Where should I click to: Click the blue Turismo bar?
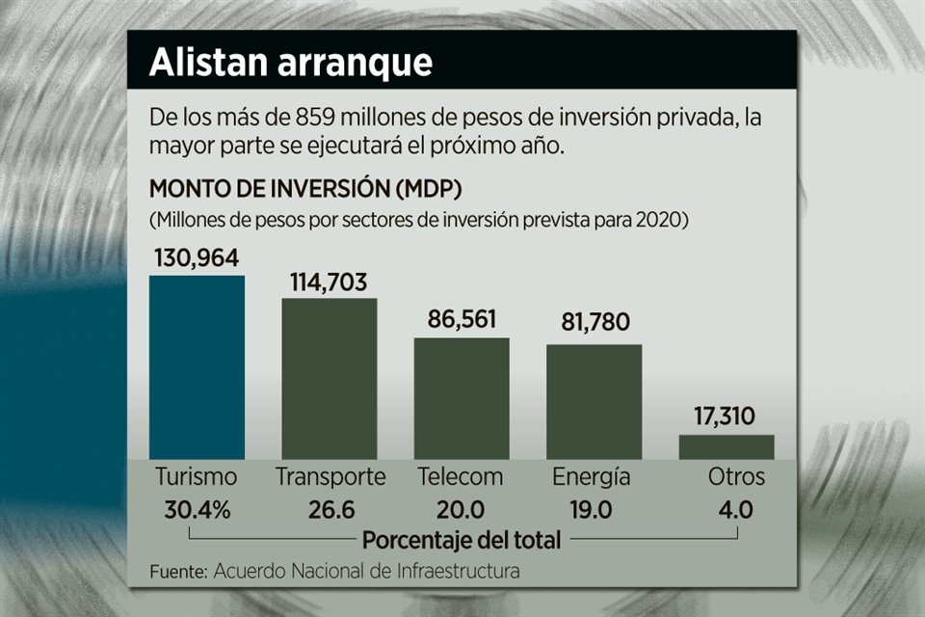coord(197,367)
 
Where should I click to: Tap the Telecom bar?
coord(462,398)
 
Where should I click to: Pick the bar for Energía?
coord(594,401)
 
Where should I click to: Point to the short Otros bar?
coord(726,446)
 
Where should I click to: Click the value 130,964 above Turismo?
coord(197,258)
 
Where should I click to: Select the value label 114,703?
coord(329,282)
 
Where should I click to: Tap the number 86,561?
coord(462,321)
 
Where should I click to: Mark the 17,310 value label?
coord(726,418)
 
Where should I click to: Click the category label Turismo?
coord(196,477)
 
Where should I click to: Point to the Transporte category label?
coord(330,477)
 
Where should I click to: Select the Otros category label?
coord(736,477)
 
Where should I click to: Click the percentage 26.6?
coord(330,510)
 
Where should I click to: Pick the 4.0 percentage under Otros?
coord(735,510)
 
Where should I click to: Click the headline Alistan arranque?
coord(290,63)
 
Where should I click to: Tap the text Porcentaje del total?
coord(462,540)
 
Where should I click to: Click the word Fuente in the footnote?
coord(178,572)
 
